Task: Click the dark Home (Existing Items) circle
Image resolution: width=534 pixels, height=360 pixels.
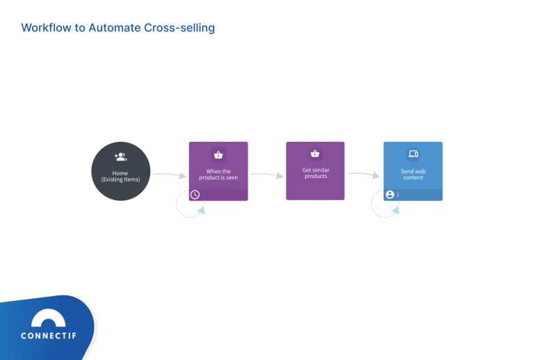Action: [120, 171]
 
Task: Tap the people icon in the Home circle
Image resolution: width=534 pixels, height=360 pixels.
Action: [120, 157]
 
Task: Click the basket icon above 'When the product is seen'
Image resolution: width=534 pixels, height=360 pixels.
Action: [218, 155]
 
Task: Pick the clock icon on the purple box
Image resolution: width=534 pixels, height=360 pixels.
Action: [195, 195]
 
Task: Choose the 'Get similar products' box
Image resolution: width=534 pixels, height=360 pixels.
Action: [315, 171]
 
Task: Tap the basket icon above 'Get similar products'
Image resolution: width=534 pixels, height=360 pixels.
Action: [315, 154]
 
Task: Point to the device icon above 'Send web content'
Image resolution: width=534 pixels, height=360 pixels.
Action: [413, 154]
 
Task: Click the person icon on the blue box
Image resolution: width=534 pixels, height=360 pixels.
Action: [390, 195]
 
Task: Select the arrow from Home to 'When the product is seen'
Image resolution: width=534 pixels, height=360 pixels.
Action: [169, 174]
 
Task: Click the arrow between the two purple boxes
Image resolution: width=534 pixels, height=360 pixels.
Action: [266, 174]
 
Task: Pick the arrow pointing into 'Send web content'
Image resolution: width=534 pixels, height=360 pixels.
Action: [364, 174]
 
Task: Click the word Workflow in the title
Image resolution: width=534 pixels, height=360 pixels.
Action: [46, 28]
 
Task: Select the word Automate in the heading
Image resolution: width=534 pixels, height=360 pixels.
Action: [115, 28]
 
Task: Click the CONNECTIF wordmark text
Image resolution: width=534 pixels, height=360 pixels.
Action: [49, 336]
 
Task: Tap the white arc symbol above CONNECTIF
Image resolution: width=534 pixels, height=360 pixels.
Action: [49, 319]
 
